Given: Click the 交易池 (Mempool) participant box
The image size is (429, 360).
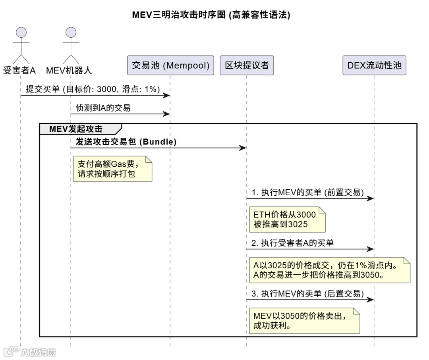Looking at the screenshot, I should point(170,65).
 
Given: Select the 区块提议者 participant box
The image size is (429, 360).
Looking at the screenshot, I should point(247,65).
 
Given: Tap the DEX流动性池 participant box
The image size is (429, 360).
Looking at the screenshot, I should point(374,65).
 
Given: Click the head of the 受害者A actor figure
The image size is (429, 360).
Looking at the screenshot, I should point(21,32).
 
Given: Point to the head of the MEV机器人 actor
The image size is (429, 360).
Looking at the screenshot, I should point(71,32).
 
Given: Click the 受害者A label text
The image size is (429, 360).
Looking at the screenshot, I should point(19,71).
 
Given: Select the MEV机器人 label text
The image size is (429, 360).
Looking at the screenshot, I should point(69,71).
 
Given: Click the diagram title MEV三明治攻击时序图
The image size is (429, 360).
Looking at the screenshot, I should point(211,15).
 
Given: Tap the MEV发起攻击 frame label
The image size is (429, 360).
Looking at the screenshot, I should point(76,129).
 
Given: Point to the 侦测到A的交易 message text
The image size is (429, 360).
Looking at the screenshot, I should point(103,108).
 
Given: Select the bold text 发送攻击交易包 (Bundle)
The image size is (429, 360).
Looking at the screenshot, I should point(126,141).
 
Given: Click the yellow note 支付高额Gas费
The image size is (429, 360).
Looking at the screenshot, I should point(113,169).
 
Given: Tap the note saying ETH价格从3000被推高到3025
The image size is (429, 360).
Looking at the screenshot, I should point(287,219).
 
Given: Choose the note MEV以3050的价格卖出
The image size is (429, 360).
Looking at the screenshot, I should point(304,321).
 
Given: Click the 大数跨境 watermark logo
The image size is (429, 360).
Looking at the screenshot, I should point(30,352).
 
